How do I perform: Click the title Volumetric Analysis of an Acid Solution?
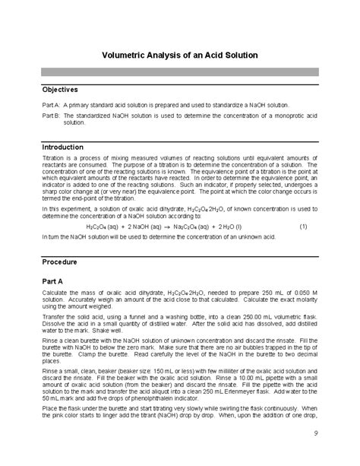tap(180, 55)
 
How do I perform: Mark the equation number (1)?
tap(303, 227)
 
